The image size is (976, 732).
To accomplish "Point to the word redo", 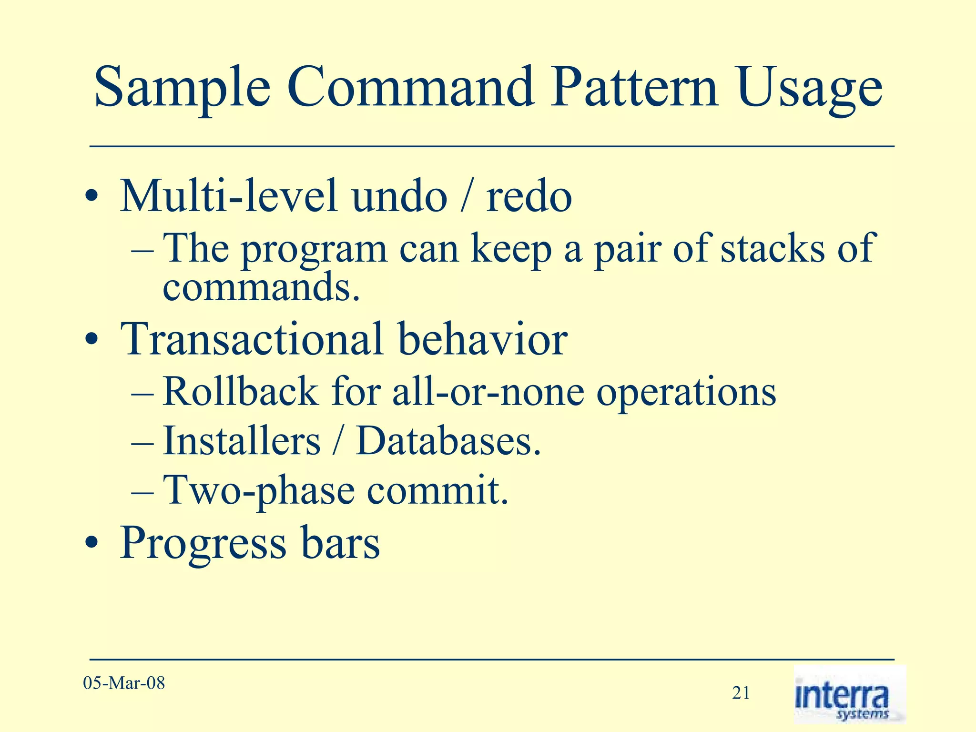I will pyautogui.click(x=529, y=197).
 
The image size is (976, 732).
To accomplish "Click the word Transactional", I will pyautogui.click(x=252, y=339).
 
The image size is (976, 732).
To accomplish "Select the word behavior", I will pyautogui.click(x=482, y=339).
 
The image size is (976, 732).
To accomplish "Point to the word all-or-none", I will pyautogui.click(x=488, y=392).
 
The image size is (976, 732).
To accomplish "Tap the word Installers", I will pyautogui.click(x=242, y=441).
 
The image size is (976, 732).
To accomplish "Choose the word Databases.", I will pyautogui.click(x=448, y=441).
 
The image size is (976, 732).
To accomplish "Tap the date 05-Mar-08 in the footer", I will pyautogui.click(x=124, y=683).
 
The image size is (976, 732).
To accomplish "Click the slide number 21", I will pyautogui.click(x=741, y=693).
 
